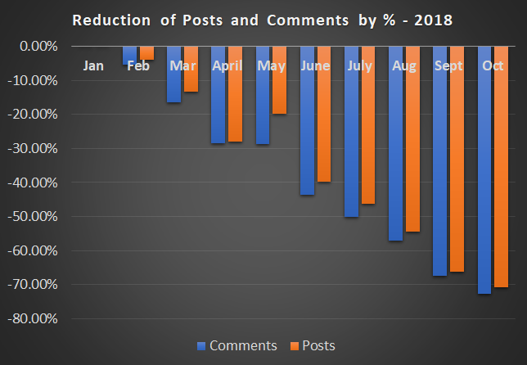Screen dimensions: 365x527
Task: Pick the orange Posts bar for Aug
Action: point(412,143)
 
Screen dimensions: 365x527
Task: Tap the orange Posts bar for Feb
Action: point(146,53)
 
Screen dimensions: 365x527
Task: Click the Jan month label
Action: point(94,65)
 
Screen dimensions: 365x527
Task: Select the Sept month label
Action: point(448,65)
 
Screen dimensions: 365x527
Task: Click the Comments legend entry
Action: point(237,345)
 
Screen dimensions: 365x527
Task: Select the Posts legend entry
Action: point(313,345)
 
